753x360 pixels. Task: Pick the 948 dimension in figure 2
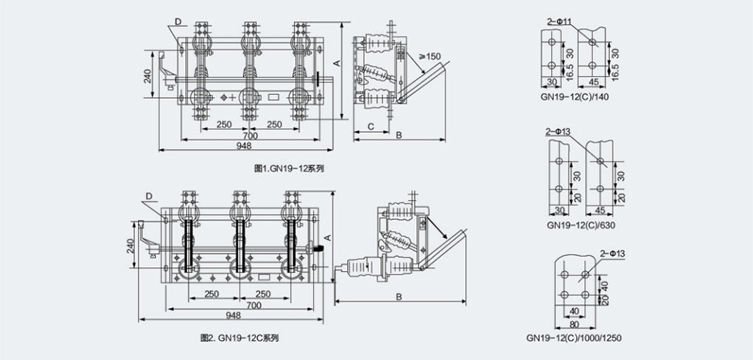[234, 315]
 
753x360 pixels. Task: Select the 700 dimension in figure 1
[251, 136]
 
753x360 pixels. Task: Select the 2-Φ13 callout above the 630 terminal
[558, 132]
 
